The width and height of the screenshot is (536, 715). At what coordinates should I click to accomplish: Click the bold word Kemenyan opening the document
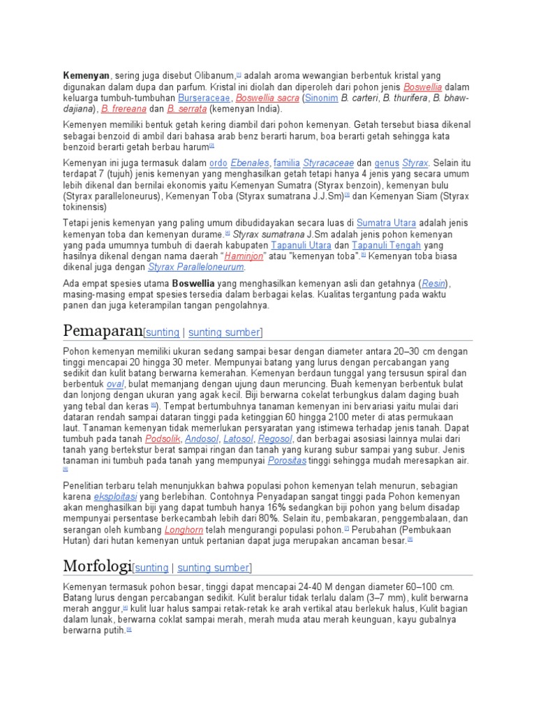point(87,75)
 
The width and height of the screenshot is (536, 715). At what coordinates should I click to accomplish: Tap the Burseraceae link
point(205,98)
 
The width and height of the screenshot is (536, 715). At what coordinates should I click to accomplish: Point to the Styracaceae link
point(328,162)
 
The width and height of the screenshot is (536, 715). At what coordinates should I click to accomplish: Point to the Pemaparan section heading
point(102,330)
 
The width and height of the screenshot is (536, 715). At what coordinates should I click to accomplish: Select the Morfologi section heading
point(97,566)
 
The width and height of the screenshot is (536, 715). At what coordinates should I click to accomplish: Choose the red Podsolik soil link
point(163,438)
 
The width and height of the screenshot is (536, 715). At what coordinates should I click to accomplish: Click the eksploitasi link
point(116,496)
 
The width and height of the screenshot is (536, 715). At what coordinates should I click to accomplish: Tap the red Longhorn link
point(184,529)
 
